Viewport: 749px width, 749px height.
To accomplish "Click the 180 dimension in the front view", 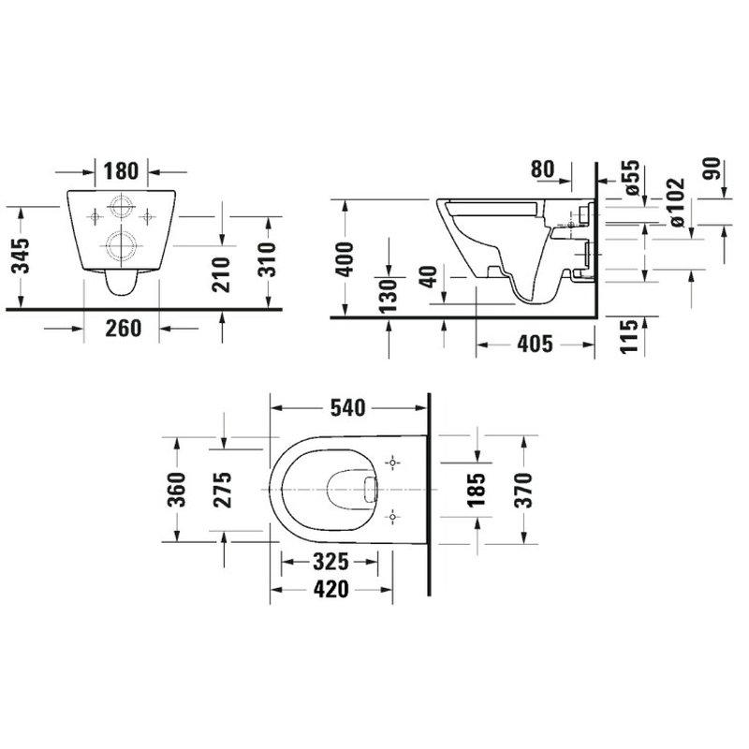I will pyautogui.click(x=122, y=170).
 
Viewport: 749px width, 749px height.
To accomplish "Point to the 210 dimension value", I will pyautogui.click(x=222, y=272).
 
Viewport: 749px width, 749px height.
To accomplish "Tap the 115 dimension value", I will pyautogui.click(x=629, y=334).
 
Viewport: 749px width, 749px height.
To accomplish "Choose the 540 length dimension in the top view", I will pyautogui.click(x=348, y=407).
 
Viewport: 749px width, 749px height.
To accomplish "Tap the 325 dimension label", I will pyautogui.click(x=330, y=562).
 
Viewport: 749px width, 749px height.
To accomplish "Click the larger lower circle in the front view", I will pyautogui.click(x=121, y=246).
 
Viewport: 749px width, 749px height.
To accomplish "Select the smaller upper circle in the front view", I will pyautogui.click(x=121, y=206).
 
